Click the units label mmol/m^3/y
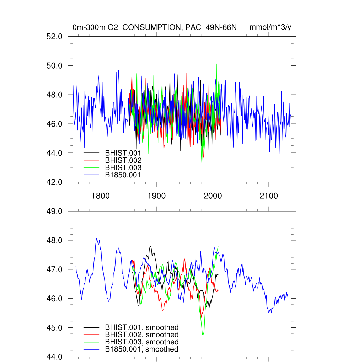tap(271, 27)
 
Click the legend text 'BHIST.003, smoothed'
tap(141, 342)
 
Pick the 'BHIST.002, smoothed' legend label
tap(141, 334)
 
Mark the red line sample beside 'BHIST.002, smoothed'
tap(91, 335)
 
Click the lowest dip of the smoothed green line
tap(203, 334)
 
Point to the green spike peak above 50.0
tap(216, 64)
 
